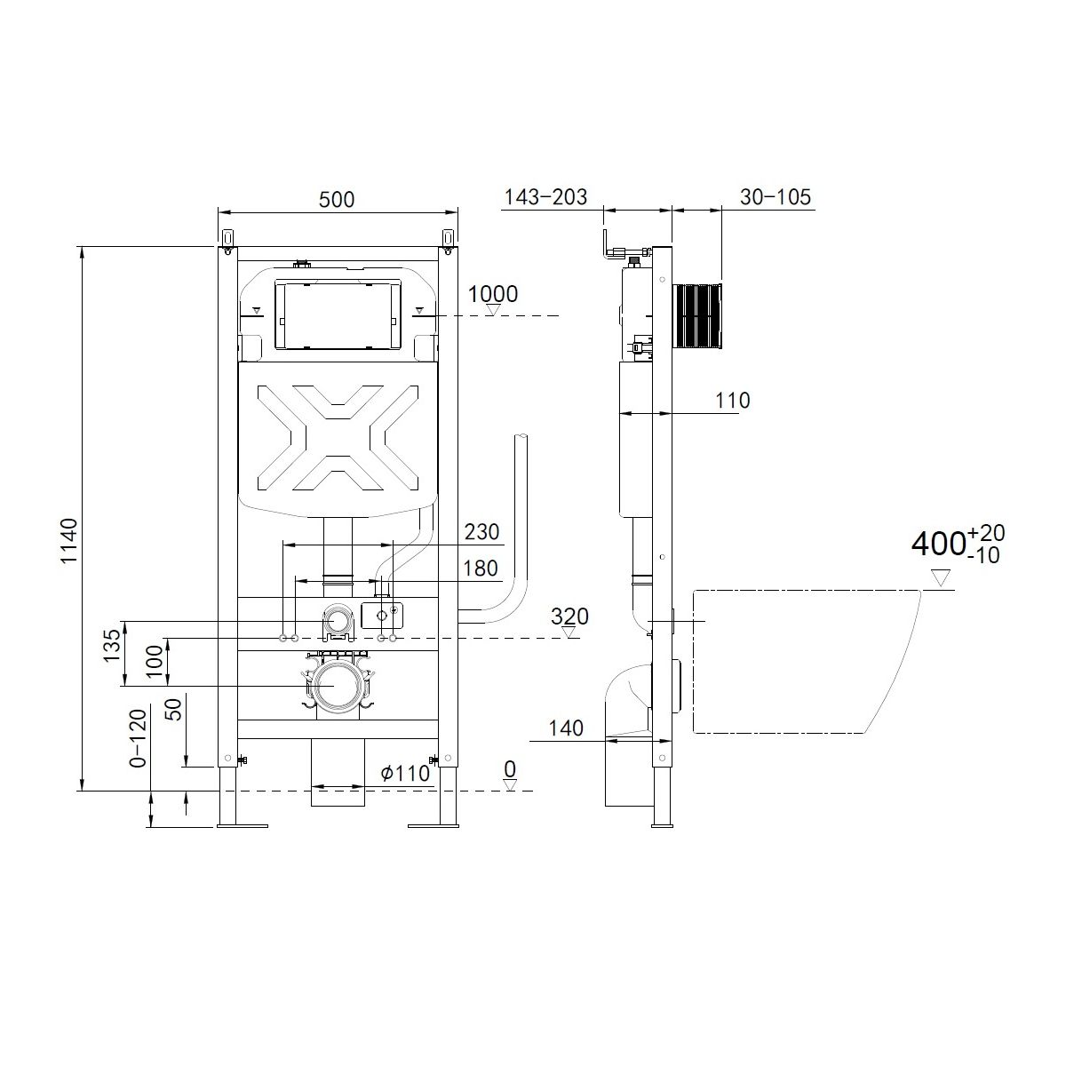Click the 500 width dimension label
point(337,199)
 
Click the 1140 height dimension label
point(69,541)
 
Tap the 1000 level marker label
point(493,294)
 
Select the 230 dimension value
point(481,531)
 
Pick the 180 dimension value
point(481,569)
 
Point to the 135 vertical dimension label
point(112,645)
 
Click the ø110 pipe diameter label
point(405,773)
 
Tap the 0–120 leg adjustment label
point(138,738)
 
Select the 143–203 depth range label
point(546,197)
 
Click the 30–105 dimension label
point(776,197)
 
